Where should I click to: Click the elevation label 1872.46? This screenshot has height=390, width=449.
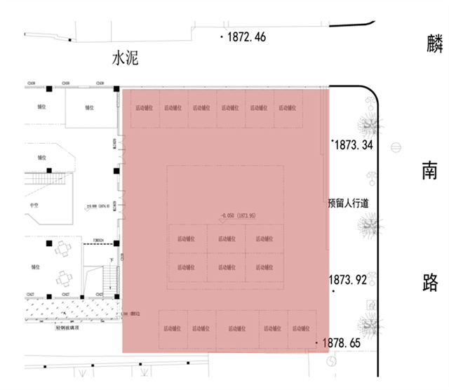tap(246, 37)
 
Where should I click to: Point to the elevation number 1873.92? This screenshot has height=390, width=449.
tap(348, 280)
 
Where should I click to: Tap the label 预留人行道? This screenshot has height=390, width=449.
tap(348, 203)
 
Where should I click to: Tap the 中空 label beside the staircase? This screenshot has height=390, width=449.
tap(34, 205)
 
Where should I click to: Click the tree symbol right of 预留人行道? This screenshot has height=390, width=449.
tap(368, 226)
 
